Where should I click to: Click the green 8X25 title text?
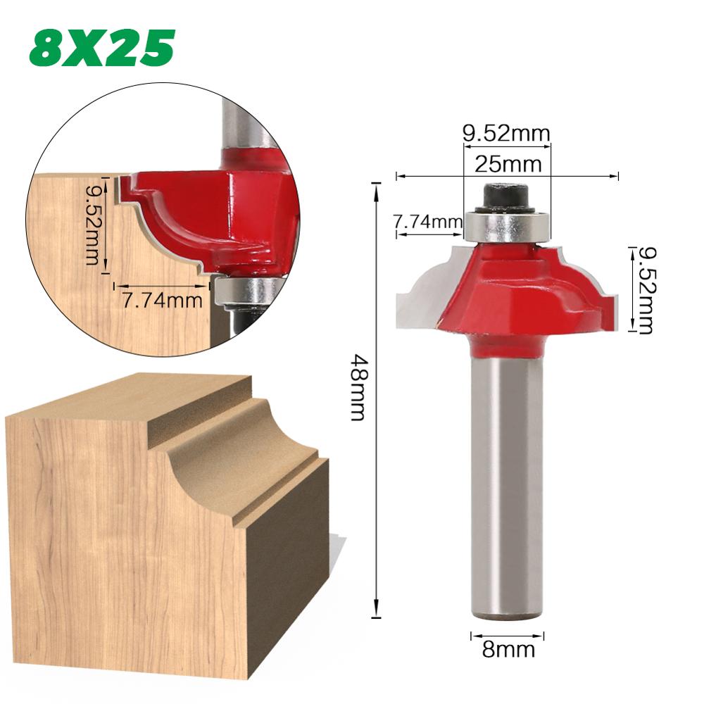(101, 48)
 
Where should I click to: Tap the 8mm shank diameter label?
(508, 649)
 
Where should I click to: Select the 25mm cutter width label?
(507, 165)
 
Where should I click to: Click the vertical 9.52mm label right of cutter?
(645, 289)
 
